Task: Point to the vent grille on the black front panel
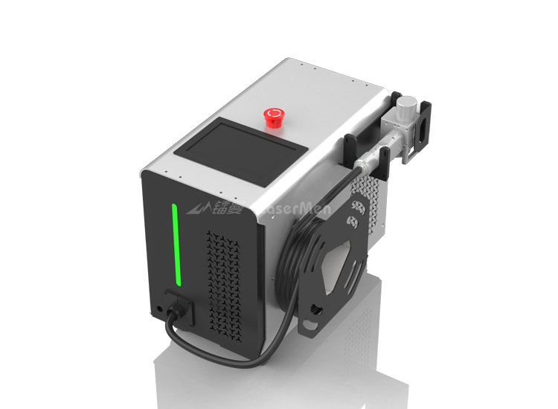(222, 282)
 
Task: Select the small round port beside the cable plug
(160, 306)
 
